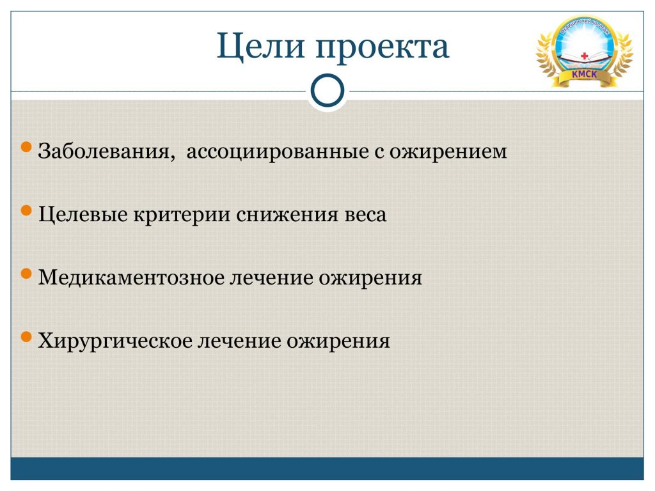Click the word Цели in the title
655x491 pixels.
pyautogui.click(x=261, y=46)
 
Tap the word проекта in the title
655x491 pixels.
pyautogui.click(x=383, y=47)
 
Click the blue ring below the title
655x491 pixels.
pyautogui.click(x=327, y=91)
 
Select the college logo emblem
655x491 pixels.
pyautogui.click(x=585, y=51)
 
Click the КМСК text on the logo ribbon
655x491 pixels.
pyautogui.click(x=585, y=74)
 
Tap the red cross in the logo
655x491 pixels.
pyautogui.click(x=585, y=56)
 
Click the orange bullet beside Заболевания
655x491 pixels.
pyautogui.click(x=26, y=147)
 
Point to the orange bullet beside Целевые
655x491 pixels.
pyautogui.click(x=26, y=210)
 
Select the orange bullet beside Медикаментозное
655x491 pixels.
pyautogui.click(x=26, y=274)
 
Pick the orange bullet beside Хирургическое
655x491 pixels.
pyautogui.click(x=26, y=337)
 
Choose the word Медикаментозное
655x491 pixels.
pyautogui.click(x=131, y=277)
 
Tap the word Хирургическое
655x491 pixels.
pyautogui.click(x=114, y=341)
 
